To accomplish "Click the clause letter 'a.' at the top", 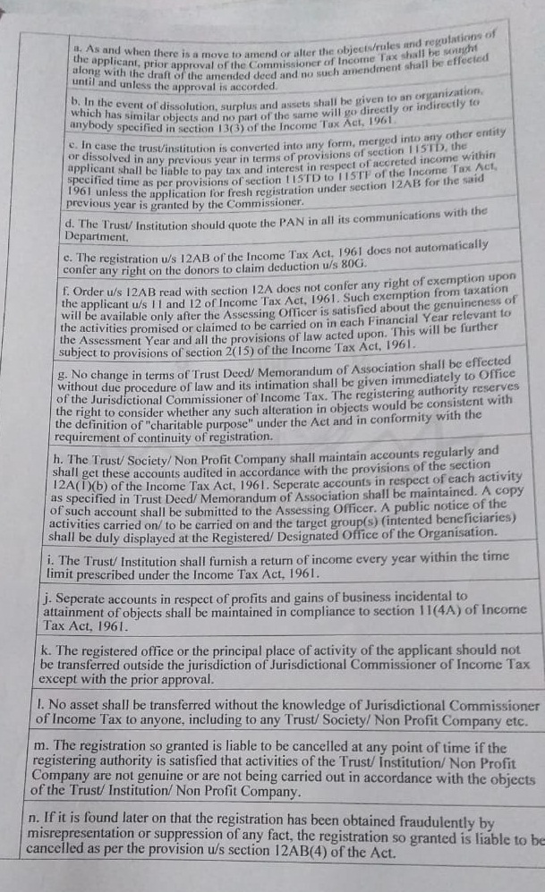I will coord(78,50).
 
